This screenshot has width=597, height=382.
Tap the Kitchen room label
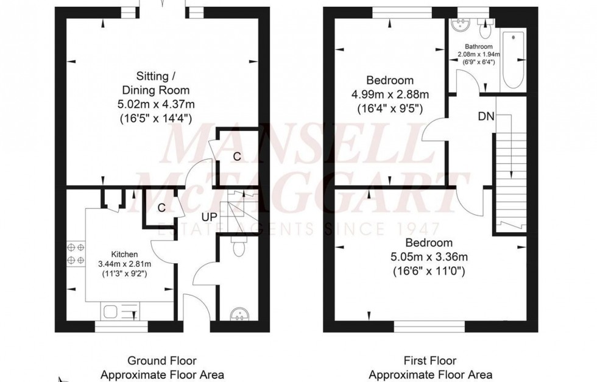click(124, 254)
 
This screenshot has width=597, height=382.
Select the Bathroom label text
click(478, 46)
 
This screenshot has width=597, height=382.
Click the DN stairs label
click(486, 115)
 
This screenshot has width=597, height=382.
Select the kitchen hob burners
click(75, 254)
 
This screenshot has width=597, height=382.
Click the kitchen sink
click(113, 312)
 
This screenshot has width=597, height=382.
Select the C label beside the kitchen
click(161, 207)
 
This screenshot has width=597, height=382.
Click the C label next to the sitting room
click(237, 157)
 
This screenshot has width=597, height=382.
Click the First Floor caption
click(430, 361)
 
